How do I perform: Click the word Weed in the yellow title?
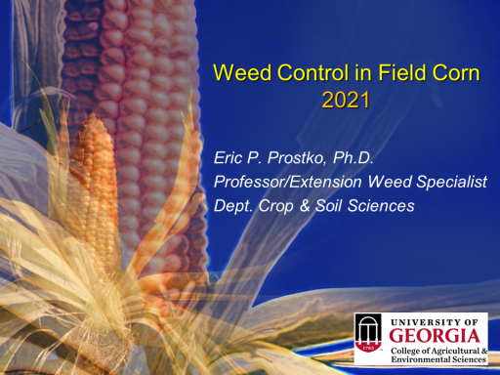[242, 72]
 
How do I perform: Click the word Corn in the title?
[456, 72]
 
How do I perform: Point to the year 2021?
[346, 100]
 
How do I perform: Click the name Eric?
[228, 158]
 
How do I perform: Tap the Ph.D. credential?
[353, 158]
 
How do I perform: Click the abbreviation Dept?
[233, 206]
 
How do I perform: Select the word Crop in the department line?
[275, 206]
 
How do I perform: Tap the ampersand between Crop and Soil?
[305, 206]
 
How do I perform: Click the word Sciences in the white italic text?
[381, 206]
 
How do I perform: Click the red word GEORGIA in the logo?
[435, 336]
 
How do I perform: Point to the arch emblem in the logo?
[368, 333]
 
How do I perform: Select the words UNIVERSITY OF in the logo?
[435, 322]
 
